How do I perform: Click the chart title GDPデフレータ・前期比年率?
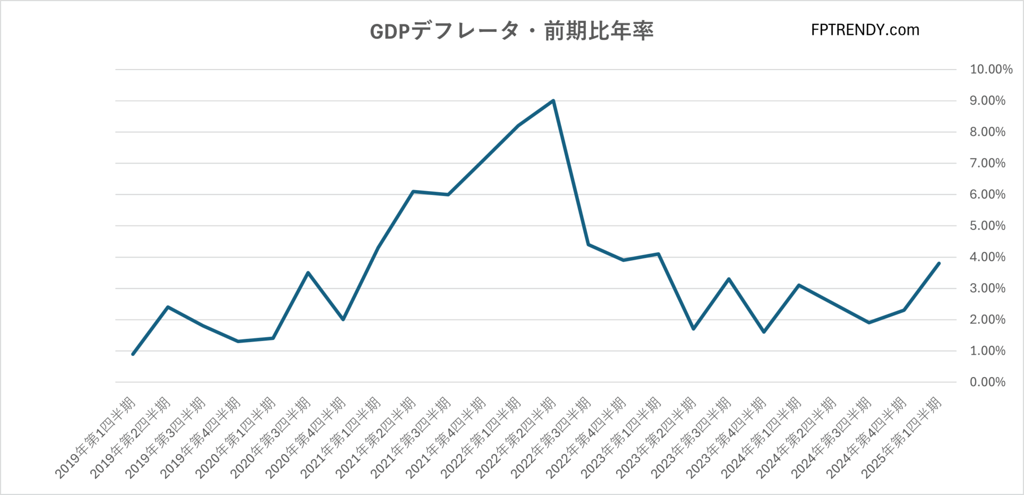[x=511, y=31]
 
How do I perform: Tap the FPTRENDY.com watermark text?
[x=865, y=30]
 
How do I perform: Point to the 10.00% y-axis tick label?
[x=991, y=69]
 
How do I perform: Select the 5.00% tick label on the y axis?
[x=987, y=226]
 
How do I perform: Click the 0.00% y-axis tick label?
[x=987, y=382]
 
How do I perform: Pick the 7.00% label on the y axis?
[x=987, y=163]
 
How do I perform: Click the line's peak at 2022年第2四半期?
[x=553, y=100]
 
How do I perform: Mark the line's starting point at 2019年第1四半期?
[x=133, y=354]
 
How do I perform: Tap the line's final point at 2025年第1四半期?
[x=939, y=263]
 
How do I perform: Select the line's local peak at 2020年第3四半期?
[x=308, y=272]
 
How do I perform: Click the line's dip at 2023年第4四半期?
[x=763, y=332]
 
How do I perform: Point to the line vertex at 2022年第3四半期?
[x=588, y=244]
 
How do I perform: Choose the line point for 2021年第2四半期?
[x=413, y=191]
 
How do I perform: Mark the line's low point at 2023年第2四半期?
[x=693, y=328]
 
